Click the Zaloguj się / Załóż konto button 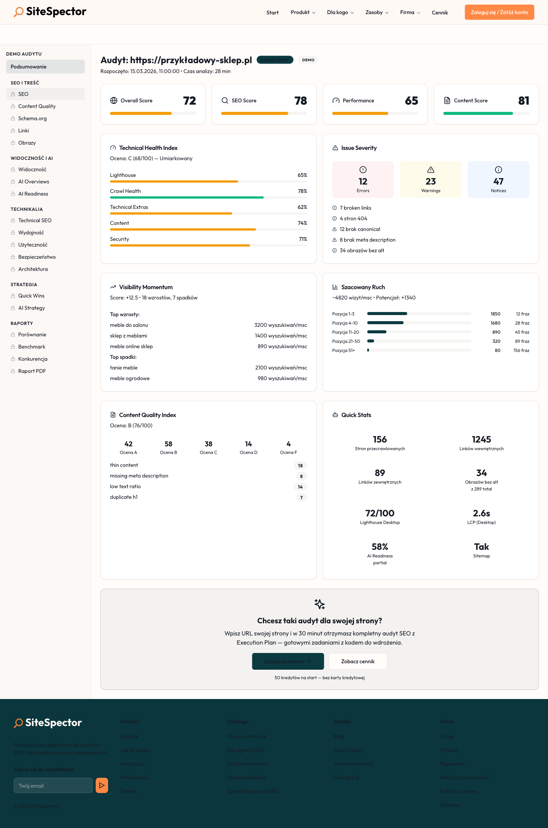(x=499, y=12)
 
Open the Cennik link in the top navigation (x=440, y=13)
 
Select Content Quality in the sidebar (x=37, y=106)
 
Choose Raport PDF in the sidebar (x=32, y=371)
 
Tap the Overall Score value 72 (x=189, y=101)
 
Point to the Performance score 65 (x=411, y=101)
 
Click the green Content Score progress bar (x=478, y=113)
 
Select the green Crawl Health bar (x=186, y=197)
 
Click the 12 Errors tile (x=363, y=180)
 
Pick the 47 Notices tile (x=498, y=180)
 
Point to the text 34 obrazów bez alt (x=362, y=250)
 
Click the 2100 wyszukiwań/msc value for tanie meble (x=281, y=368)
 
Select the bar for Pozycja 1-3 (x=387, y=314)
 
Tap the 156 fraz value (x=521, y=350)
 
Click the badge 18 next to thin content (x=300, y=465)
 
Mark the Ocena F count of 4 (x=288, y=444)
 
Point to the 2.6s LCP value (x=481, y=513)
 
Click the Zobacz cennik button (x=358, y=661)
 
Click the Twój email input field (x=53, y=785)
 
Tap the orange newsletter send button (x=102, y=785)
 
